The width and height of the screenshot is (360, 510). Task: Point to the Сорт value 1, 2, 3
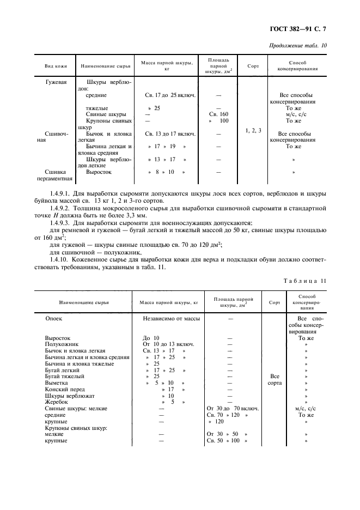(253, 130)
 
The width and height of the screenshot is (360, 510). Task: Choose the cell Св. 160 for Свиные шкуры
(218, 114)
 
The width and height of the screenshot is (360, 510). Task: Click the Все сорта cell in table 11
(275, 380)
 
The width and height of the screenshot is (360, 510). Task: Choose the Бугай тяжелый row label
(64, 377)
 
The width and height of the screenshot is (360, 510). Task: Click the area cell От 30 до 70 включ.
(233, 409)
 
